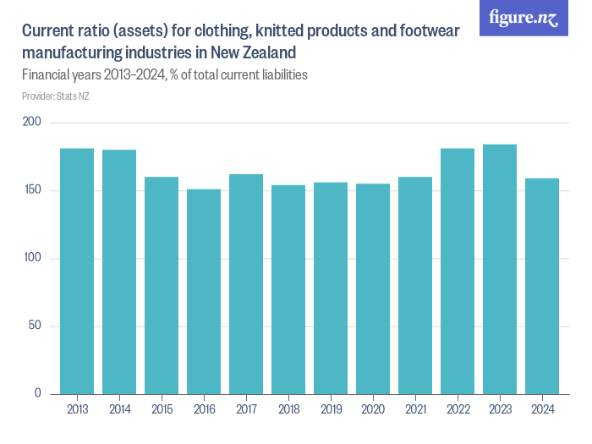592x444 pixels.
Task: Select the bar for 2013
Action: coord(77,271)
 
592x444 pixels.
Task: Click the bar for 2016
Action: coord(204,291)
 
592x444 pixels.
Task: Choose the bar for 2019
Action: coord(331,288)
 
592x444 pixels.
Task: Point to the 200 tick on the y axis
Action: coord(34,123)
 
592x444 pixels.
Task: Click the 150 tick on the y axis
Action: coord(34,191)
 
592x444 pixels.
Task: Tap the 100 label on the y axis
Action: coord(34,259)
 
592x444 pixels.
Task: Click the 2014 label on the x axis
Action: coord(119,410)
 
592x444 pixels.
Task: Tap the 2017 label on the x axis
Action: coord(246,410)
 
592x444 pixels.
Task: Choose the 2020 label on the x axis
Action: coord(373,410)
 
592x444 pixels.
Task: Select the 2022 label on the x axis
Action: coord(458,410)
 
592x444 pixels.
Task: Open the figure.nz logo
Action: coord(523,18)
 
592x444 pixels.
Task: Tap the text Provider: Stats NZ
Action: coord(56,96)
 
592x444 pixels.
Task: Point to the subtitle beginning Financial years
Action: coord(164,74)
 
